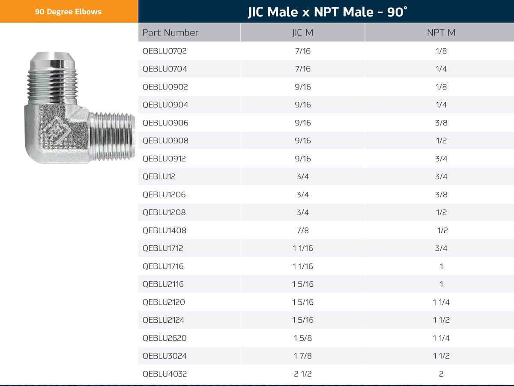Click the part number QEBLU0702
click(x=164, y=51)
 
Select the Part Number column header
click(x=170, y=33)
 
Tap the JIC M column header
click(x=303, y=33)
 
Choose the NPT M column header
click(x=441, y=33)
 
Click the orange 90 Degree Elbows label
click(x=69, y=12)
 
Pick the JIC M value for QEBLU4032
click(x=303, y=374)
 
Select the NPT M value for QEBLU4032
click(x=441, y=374)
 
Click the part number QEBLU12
click(x=159, y=177)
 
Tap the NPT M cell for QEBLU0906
click(x=441, y=123)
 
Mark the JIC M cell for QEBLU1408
click(x=303, y=231)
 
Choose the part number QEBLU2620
click(x=164, y=338)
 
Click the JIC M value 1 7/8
click(x=303, y=356)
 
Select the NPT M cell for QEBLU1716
click(x=441, y=266)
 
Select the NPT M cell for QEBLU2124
click(x=441, y=320)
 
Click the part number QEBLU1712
click(x=163, y=248)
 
